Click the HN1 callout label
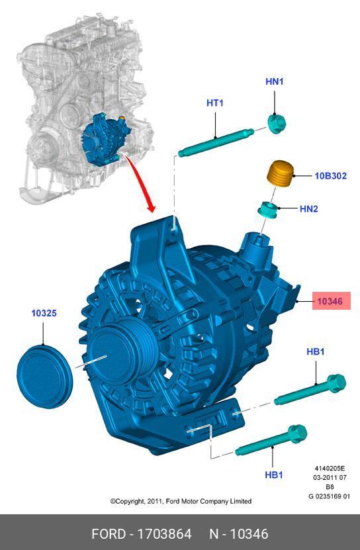pos(274,81)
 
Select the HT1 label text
pos(214,103)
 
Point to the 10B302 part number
pos(330,176)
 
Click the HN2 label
pos(309,209)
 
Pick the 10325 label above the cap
pos(44,313)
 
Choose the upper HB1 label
pos(316,351)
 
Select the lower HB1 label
pos(274,475)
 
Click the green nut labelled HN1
pos(277,124)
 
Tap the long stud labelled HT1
pos(216,142)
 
